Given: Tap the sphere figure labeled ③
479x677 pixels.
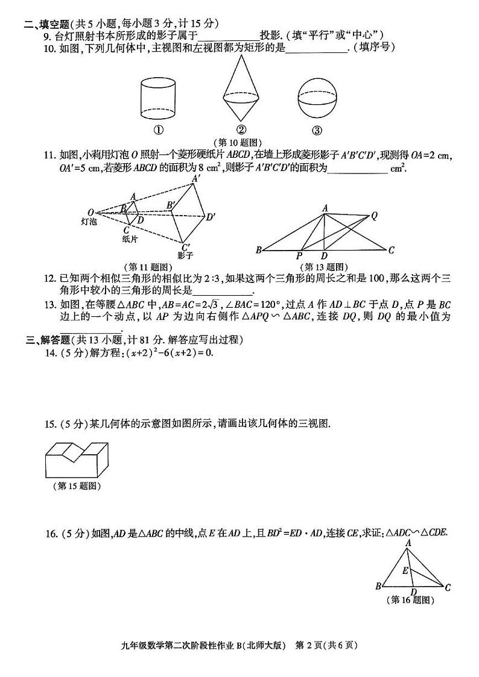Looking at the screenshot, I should (317, 99).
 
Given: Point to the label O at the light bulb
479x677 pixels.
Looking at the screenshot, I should (90, 212).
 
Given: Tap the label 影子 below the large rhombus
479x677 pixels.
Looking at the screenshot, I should (185, 255).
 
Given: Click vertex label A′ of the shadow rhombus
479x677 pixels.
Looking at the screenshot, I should (195, 179).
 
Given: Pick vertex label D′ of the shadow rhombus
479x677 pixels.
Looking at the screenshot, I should (211, 217).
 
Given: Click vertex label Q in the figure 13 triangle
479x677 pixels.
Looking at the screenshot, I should (374, 214).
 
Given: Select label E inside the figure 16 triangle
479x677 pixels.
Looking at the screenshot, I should (405, 570).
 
